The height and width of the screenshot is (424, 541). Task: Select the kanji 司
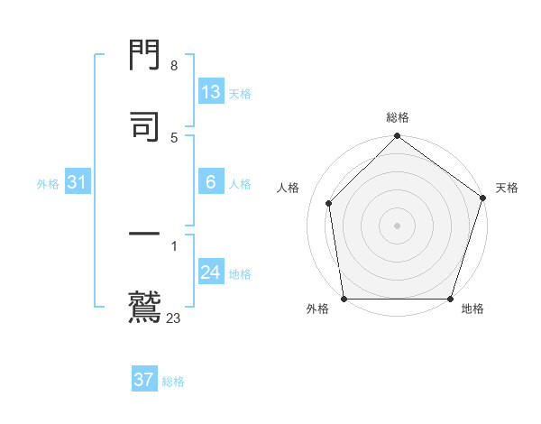click(x=145, y=126)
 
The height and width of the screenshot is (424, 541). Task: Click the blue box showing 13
click(x=211, y=92)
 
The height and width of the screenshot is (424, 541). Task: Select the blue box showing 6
click(x=211, y=182)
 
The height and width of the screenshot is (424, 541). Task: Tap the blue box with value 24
click(x=211, y=272)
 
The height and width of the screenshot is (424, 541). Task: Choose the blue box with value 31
click(x=78, y=182)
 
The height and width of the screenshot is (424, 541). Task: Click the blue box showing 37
click(x=143, y=380)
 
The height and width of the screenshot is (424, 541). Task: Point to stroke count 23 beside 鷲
click(x=174, y=318)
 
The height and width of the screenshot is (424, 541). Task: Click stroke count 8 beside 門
click(x=174, y=66)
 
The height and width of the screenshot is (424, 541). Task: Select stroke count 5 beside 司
click(x=174, y=137)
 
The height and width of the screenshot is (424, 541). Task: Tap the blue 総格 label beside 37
click(x=174, y=382)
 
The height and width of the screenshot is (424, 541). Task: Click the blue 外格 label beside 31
click(x=48, y=183)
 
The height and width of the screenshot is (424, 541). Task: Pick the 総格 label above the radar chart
click(x=398, y=117)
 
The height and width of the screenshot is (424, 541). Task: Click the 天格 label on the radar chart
click(x=507, y=188)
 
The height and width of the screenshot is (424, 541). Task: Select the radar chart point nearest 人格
click(x=329, y=203)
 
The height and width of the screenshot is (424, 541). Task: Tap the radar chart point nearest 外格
click(x=344, y=299)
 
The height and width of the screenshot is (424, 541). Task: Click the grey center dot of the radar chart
click(x=397, y=225)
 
